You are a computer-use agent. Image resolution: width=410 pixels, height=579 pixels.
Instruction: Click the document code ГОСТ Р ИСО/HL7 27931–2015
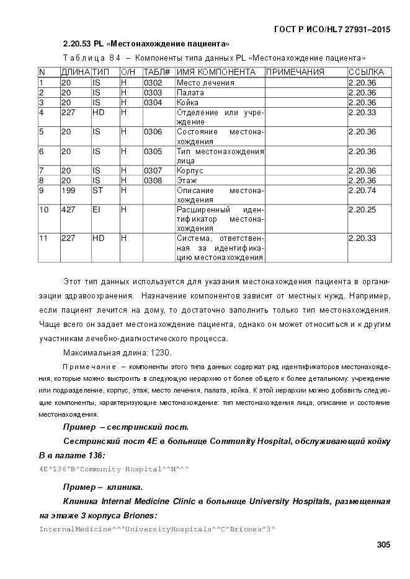tap(332, 30)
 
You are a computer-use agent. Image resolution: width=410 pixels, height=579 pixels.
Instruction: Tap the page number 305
tap(383, 545)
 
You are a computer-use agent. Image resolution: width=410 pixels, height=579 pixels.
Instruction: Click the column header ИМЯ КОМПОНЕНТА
tap(216, 72)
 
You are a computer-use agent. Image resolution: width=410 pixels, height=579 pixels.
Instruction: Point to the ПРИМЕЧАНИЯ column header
tap(295, 72)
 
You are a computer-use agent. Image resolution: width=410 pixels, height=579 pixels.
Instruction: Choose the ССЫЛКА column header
tap(366, 72)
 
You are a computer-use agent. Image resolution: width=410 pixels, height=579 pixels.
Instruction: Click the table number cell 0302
tap(153, 82)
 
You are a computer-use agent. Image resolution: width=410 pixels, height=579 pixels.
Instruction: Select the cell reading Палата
tap(190, 92)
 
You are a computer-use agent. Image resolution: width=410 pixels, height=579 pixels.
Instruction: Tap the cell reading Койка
tap(188, 102)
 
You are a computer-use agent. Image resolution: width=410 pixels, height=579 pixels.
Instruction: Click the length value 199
tap(68, 191)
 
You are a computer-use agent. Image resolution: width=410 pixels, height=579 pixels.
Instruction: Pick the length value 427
tap(68, 210)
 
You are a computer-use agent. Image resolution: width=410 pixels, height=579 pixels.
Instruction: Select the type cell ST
tap(98, 191)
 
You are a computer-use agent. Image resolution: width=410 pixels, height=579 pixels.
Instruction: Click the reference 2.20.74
tap(362, 191)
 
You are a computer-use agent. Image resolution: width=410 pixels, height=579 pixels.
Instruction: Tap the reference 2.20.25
tap(362, 210)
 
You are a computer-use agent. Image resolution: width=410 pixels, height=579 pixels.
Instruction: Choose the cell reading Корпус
tap(190, 171)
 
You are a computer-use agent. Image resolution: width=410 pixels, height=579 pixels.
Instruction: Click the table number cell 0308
tap(153, 181)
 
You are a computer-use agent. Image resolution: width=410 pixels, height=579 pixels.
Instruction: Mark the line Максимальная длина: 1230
tap(117, 352)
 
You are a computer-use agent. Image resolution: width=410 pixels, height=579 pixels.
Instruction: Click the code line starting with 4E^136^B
tap(114, 469)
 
